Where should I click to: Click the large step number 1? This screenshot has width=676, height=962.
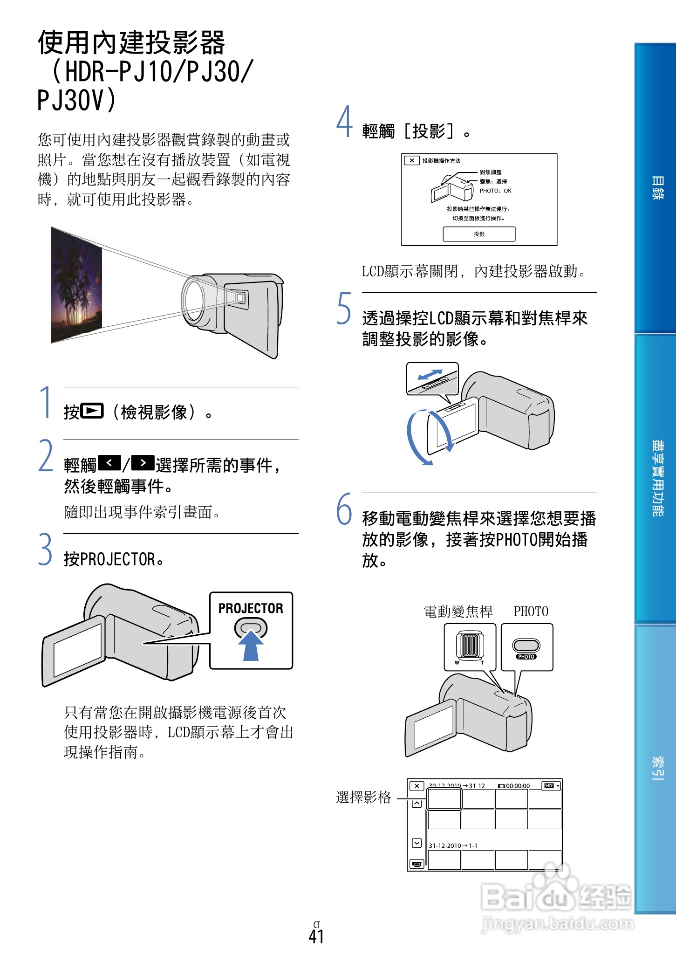(x=46, y=402)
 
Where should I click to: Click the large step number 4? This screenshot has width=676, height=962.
(x=344, y=122)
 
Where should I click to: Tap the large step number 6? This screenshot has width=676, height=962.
(x=344, y=509)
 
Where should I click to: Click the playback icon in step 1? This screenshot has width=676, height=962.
(x=92, y=411)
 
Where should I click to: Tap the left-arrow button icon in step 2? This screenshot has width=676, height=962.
(x=109, y=463)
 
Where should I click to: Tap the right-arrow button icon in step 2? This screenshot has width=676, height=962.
(x=143, y=463)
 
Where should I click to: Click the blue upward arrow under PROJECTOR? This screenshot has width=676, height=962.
(x=251, y=646)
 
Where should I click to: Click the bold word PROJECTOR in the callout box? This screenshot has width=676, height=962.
(x=251, y=608)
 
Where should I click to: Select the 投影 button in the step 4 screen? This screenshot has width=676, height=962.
(x=479, y=234)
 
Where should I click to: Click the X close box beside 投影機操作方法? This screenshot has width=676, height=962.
(x=411, y=160)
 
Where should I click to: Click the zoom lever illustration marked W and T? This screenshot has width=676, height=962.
(x=470, y=645)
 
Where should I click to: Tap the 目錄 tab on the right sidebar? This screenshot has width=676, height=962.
(x=656, y=188)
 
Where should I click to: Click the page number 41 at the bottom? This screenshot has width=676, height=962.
(x=316, y=936)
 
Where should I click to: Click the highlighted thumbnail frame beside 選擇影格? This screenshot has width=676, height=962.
(x=444, y=799)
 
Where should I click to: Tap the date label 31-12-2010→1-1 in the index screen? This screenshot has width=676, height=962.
(x=453, y=845)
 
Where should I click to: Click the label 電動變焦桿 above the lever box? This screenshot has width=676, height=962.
(x=457, y=612)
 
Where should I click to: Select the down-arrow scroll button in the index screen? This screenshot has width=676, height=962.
(x=417, y=843)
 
